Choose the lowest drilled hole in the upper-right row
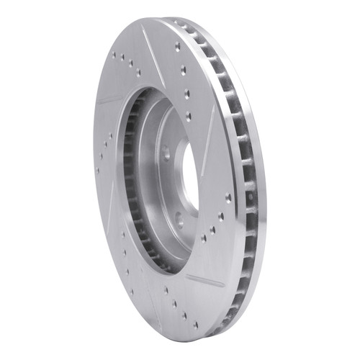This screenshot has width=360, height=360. (x=189, y=115)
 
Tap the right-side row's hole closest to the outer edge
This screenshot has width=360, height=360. (x=228, y=197)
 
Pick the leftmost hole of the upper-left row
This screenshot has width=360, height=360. (x=113, y=55)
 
